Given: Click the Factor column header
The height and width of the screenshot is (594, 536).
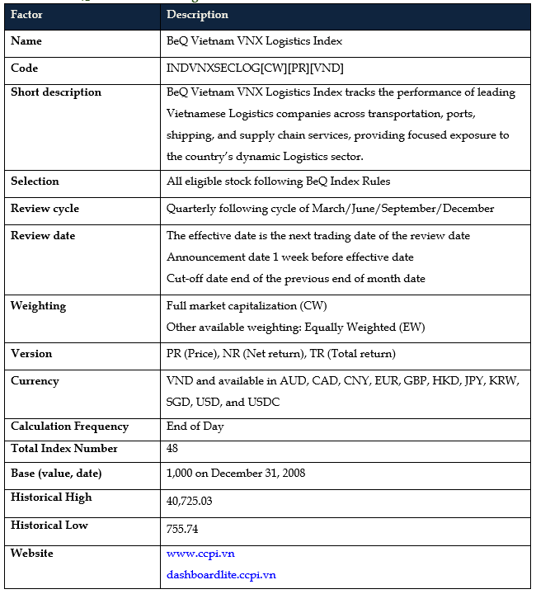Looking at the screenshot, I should pos(26,15).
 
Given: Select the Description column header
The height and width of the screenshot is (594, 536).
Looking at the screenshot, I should pos(197,15).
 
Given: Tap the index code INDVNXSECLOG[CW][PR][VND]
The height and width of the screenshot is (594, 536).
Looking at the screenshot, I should pos(255,68).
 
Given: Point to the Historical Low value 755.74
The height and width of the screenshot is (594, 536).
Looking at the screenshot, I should pos(182,529).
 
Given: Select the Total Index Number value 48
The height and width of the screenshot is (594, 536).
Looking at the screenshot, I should pos(172,450).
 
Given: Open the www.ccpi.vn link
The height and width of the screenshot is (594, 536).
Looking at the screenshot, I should pos(200,554).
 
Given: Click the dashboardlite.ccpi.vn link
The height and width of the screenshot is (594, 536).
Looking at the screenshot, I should pos(221,574).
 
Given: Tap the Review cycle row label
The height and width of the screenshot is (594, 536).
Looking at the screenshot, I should pos(45,209).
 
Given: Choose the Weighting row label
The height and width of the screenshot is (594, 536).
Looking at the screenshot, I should pos(38,306).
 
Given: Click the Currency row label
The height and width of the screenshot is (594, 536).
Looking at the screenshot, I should pos(35,381).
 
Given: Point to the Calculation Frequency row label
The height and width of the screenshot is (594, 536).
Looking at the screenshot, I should pos(69,427).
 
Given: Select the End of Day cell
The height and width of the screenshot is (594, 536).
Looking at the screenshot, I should pos(195,427).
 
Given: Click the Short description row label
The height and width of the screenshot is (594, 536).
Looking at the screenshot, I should pos(56,92).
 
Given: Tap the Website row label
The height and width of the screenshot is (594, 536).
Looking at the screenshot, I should pos(31,553).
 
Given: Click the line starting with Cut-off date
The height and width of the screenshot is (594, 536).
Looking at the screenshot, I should pos(295,278).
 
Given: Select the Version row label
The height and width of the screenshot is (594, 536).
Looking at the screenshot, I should pos(31,354).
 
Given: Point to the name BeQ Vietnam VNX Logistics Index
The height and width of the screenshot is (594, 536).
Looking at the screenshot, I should pos(254,41).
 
